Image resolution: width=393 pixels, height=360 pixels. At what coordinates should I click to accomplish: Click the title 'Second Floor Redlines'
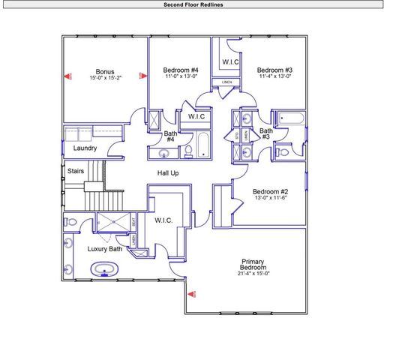[193, 4]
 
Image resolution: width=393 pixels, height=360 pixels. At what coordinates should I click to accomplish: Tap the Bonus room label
[104, 72]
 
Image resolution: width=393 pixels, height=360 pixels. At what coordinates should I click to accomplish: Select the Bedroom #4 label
[181, 70]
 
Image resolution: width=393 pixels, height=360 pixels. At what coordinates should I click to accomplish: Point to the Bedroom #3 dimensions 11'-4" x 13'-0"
[274, 76]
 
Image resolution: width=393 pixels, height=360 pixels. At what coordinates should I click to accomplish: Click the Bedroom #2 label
[270, 191]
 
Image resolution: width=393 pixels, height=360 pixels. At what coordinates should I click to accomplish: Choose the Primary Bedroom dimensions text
[252, 274]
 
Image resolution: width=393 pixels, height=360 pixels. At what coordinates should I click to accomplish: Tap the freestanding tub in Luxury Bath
[103, 268]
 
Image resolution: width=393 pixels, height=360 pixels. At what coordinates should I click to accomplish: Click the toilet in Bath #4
[188, 152]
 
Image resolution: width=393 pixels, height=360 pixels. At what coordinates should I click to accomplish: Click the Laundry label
[85, 148]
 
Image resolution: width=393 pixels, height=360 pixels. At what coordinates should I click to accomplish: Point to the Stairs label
[76, 171]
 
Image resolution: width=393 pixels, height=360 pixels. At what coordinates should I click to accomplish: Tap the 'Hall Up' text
[167, 173]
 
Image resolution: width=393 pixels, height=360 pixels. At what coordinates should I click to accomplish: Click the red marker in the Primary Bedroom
[191, 294]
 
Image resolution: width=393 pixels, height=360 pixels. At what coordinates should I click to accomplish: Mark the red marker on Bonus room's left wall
[67, 76]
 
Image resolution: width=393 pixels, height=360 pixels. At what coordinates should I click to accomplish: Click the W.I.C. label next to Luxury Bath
[163, 220]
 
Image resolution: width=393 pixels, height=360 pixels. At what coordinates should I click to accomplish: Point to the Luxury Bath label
[105, 248]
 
